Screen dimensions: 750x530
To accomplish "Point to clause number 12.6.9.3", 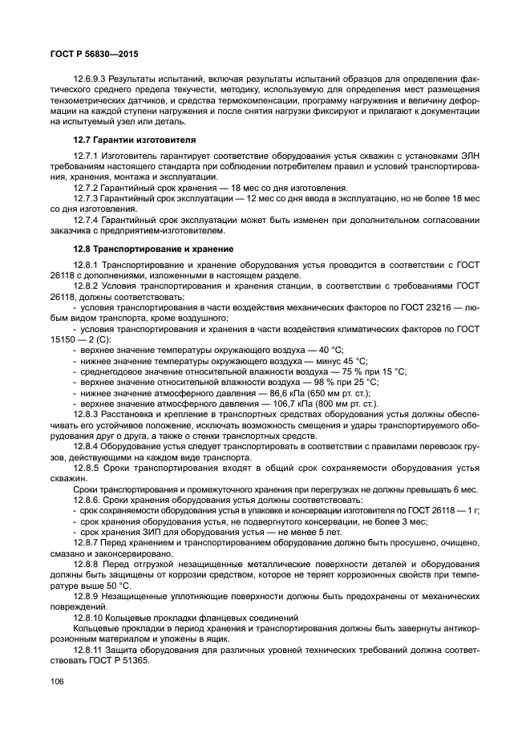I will point(91,81).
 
